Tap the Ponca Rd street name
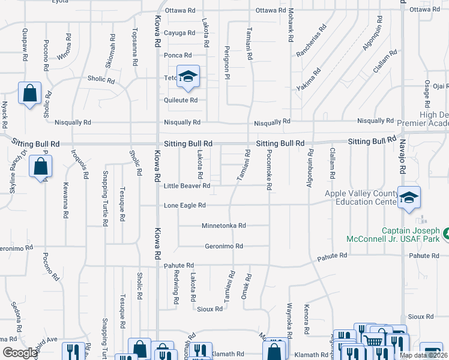(x=178, y=55)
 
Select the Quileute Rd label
(x=181, y=100)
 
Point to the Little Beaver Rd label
(x=187, y=186)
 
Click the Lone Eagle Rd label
(x=185, y=205)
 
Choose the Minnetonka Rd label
(x=223, y=226)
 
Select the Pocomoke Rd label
(x=270, y=170)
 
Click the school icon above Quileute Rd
(x=188, y=76)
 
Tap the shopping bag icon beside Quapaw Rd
(x=29, y=93)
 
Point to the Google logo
(x=20, y=353)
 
